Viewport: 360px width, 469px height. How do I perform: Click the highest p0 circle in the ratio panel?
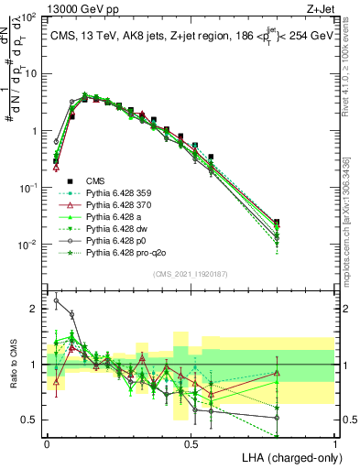57,300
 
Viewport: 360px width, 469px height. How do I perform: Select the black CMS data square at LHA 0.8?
278,222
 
